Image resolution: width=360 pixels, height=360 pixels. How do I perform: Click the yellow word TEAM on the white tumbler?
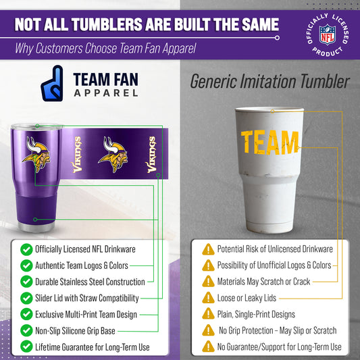click(x=269, y=142)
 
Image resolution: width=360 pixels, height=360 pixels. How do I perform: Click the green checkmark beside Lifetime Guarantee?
click(x=26, y=347)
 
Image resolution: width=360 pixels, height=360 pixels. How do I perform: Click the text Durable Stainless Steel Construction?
click(x=90, y=282)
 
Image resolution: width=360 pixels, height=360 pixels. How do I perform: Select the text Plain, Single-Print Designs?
click(x=256, y=314)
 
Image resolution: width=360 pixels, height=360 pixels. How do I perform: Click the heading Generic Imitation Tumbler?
click(x=269, y=82)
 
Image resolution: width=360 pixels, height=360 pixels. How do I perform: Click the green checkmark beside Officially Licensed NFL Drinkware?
click(x=26, y=249)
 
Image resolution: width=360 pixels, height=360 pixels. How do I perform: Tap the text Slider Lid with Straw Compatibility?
click(x=87, y=298)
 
